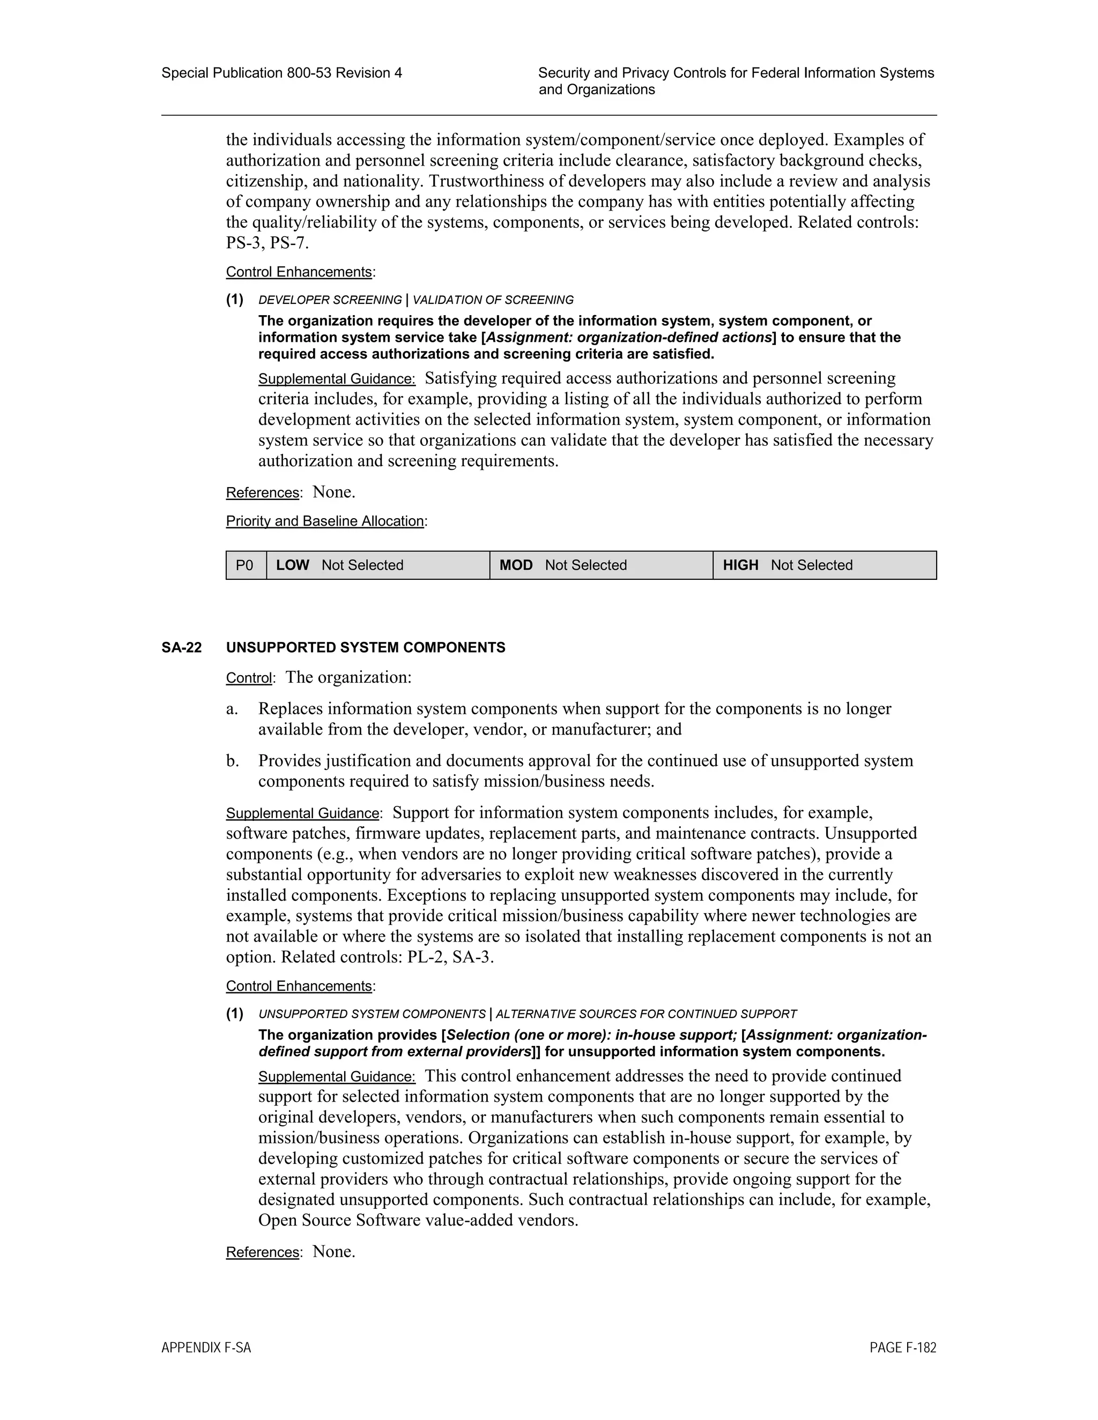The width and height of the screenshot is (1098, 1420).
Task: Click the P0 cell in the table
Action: coord(244,565)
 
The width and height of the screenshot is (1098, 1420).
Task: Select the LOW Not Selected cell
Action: coord(377,565)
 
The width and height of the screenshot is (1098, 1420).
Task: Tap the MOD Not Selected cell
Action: coord(600,565)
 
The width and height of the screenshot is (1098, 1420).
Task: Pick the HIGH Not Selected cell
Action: coord(824,565)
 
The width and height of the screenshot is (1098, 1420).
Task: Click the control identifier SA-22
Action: coord(182,648)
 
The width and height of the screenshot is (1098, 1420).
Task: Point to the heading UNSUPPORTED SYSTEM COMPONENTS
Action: coord(366,648)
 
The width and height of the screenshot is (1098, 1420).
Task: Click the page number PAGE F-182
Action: coord(902,1348)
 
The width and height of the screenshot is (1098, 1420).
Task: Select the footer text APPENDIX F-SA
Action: coord(206,1348)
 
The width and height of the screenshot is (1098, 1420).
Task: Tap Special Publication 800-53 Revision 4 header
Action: coord(281,73)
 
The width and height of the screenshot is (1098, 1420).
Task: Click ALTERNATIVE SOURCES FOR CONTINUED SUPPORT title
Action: coord(646,1014)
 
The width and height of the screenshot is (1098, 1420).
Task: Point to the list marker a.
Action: coord(232,709)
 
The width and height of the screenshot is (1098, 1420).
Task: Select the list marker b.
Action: coord(232,761)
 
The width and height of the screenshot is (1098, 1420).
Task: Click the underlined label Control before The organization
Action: coord(248,678)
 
